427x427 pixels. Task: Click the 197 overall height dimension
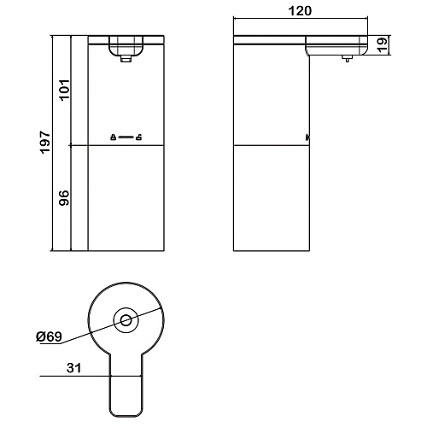click(x=45, y=143)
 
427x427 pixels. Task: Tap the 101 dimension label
click(x=64, y=90)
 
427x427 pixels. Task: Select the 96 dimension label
click(x=64, y=198)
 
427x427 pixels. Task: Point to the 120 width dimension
click(x=300, y=11)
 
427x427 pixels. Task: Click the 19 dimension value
click(x=383, y=44)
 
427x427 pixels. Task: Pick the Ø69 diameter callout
click(x=49, y=336)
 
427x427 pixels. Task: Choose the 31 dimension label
click(x=73, y=368)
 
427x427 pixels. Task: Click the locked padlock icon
click(x=113, y=137)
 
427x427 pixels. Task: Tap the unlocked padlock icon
click(x=138, y=137)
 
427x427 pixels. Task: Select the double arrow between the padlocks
click(x=126, y=137)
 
